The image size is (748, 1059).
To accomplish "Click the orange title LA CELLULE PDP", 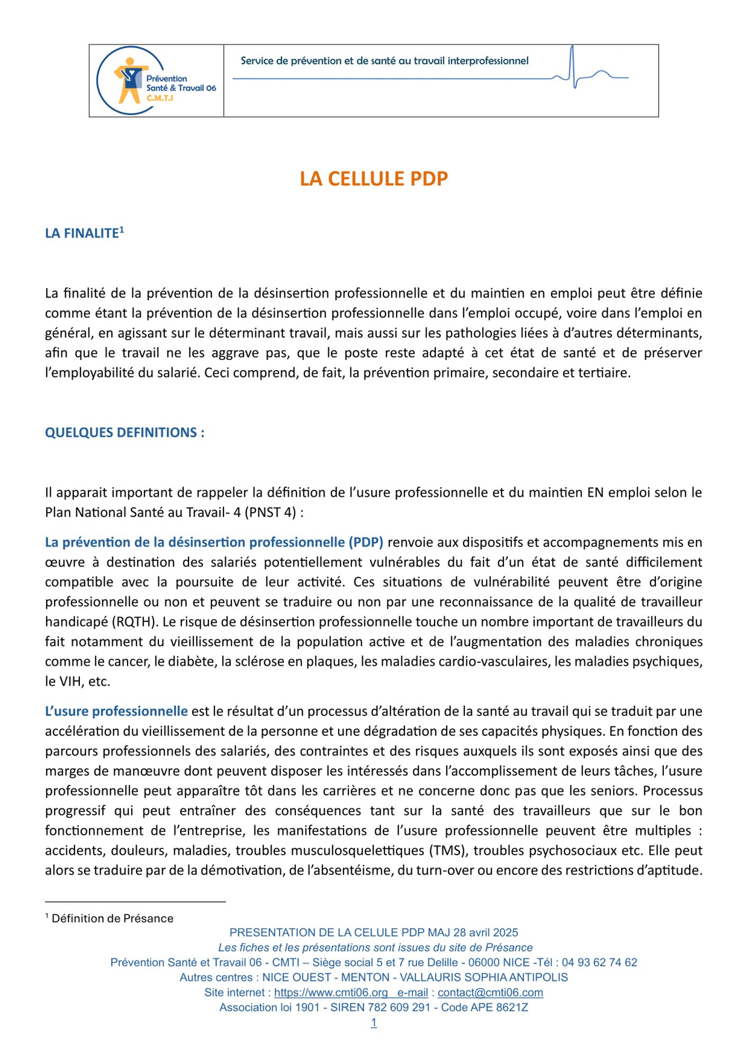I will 374,179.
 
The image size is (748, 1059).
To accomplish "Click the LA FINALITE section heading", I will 82,234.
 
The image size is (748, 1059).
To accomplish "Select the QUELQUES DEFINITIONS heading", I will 124,433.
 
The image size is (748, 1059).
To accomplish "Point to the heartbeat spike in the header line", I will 573,66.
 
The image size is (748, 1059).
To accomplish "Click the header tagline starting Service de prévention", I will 384,61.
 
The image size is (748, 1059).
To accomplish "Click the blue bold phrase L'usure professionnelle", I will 116,711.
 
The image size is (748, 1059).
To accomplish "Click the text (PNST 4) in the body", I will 269,513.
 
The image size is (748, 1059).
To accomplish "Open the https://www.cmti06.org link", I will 331,993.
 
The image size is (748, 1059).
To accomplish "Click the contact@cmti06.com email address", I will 490,993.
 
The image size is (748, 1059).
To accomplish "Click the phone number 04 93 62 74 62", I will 599,963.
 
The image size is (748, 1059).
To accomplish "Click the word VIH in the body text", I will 67,681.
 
